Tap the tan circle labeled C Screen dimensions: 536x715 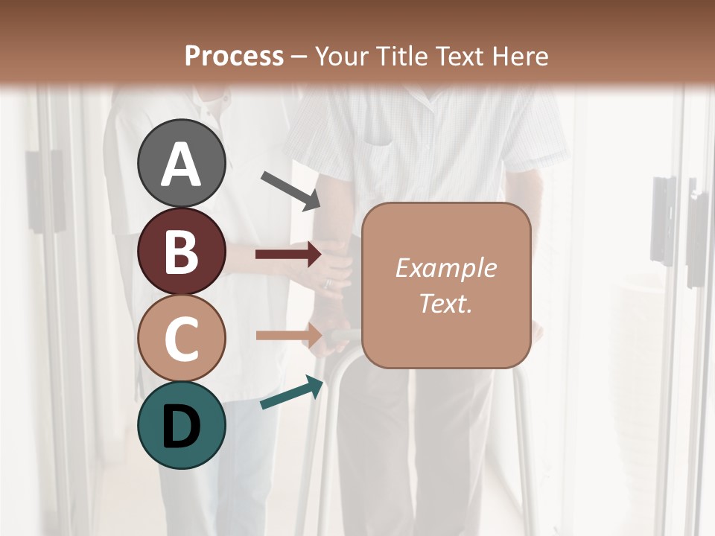[181, 338]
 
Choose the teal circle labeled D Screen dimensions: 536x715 [181, 425]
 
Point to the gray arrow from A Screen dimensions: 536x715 [290, 191]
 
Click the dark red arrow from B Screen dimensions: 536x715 [288, 255]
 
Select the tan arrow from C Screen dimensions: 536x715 [288, 336]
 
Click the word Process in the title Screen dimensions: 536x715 [234, 57]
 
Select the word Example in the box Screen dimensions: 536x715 [445, 268]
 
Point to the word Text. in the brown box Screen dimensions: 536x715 [445, 303]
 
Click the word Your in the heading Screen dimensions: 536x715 [340, 57]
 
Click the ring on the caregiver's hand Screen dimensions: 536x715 [326, 283]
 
